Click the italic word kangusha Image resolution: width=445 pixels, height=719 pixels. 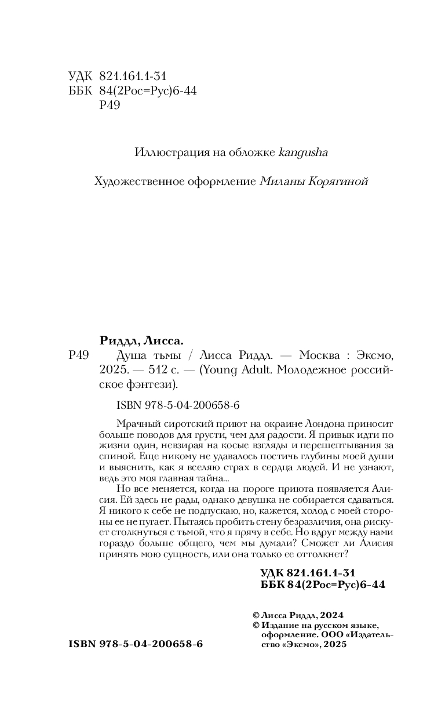[303, 152]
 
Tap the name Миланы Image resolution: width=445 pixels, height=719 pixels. [279, 181]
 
